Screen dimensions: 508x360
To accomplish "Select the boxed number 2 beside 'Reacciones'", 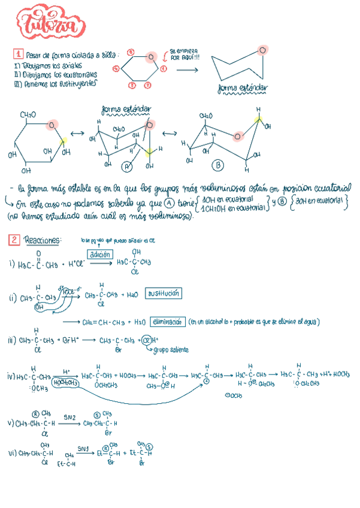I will [14, 240].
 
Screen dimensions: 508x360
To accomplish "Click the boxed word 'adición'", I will [99, 255].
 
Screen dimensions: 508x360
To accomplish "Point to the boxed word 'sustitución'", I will [164, 294].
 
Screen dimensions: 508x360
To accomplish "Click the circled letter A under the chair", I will [127, 167].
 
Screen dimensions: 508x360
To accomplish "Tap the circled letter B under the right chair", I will [218, 165].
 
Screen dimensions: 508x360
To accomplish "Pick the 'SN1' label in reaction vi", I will [83, 447].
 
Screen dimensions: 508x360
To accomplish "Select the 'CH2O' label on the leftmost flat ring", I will [28, 114].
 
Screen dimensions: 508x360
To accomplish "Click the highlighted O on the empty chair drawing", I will [262, 50].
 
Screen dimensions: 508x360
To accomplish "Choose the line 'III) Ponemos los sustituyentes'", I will [54, 84].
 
